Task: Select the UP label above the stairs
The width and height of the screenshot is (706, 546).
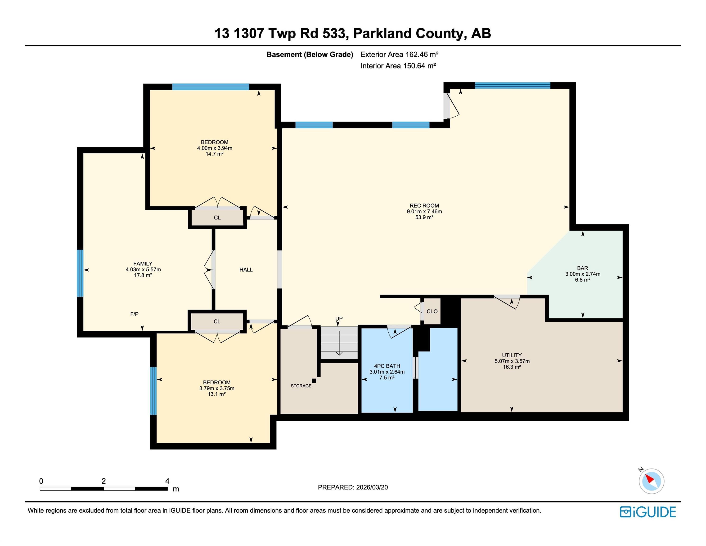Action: coord(338,318)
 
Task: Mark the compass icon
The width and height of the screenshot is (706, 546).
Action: coord(651,481)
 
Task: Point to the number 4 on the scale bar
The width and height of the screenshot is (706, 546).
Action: coord(167,481)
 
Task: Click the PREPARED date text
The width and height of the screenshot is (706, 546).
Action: coord(353,487)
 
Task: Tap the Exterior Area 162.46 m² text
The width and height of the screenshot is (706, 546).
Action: coord(399,54)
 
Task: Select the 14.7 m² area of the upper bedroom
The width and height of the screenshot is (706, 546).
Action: coord(214,154)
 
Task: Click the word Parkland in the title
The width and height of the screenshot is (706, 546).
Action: coord(382,33)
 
